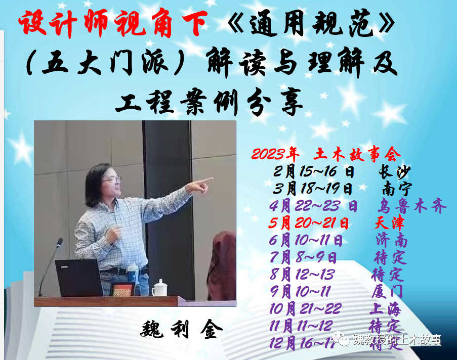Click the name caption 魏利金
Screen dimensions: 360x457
click(181, 330)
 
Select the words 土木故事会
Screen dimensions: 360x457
click(357, 153)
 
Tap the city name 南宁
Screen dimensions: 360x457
click(397, 188)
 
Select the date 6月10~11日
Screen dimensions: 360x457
click(306, 240)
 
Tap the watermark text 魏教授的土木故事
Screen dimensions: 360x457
click(397, 340)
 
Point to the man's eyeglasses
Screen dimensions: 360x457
click(112, 179)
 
